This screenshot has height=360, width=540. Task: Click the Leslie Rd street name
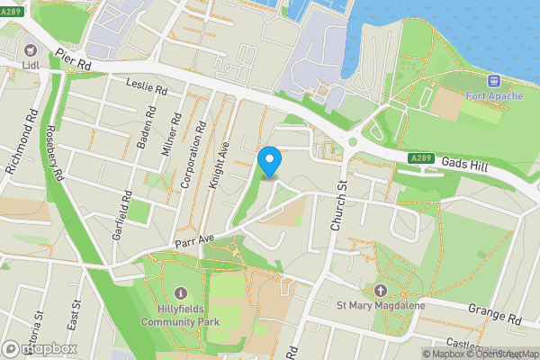(148, 89)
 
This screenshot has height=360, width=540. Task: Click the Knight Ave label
(219, 161)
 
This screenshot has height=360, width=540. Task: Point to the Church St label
(338, 206)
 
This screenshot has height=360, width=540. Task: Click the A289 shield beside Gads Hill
(419, 158)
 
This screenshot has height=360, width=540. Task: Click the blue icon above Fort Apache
(493, 81)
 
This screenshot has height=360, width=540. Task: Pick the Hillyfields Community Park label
(181, 314)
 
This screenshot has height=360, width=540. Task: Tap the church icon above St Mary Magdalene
(380, 291)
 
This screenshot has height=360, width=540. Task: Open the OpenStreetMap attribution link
(505, 354)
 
